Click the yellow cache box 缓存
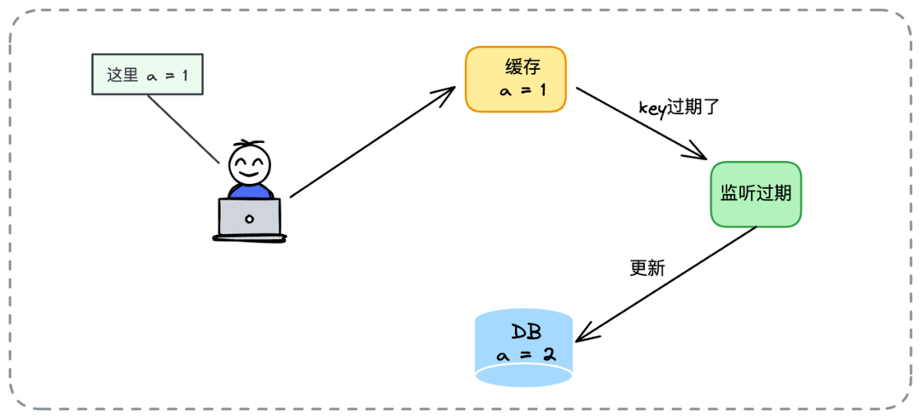click(515, 79)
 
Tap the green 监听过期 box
click(756, 193)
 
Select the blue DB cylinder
click(524, 348)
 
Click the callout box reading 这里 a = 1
click(148, 75)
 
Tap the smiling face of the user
click(249, 164)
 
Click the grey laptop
click(249, 217)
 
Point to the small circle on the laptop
click(249, 219)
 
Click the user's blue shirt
click(249, 191)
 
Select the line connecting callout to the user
click(182, 128)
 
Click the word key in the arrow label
click(652, 108)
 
